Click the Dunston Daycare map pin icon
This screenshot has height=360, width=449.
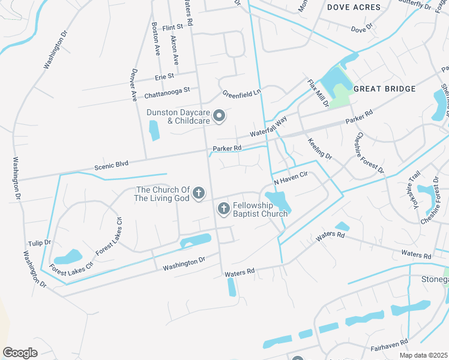pyautogui.click(x=219, y=116)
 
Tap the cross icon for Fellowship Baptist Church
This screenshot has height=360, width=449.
pyautogui.click(x=223, y=209)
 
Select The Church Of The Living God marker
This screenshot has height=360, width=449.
pyautogui.click(x=199, y=194)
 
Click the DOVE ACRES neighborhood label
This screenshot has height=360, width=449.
pyautogui.click(x=354, y=7)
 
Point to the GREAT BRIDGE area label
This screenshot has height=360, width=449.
pyautogui.click(x=384, y=89)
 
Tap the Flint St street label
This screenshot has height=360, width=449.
pyautogui.click(x=172, y=27)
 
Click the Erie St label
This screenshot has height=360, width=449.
pyautogui.click(x=164, y=77)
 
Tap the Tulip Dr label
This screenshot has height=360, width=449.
pyautogui.click(x=40, y=244)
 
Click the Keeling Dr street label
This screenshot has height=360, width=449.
pyautogui.click(x=319, y=148)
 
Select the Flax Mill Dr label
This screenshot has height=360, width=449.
pyautogui.click(x=318, y=93)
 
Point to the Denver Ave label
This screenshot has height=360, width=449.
pyautogui.click(x=133, y=88)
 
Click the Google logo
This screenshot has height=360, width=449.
pyautogui.click(x=20, y=353)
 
